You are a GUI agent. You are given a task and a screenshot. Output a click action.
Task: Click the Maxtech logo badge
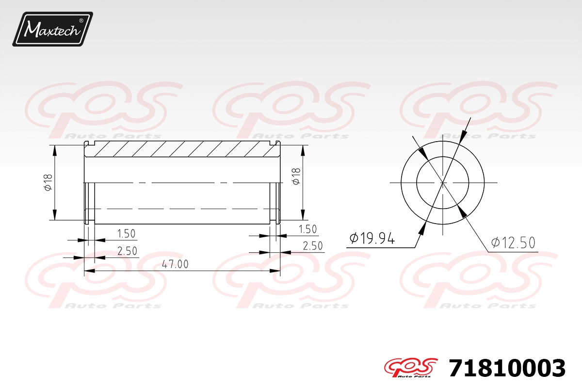pyautogui.click(x=52, y=29)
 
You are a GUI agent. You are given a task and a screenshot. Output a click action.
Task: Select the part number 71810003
pyautogui.click(x=507, y=368)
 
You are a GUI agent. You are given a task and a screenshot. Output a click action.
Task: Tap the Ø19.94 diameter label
pyautogui.click(x=372, y=238)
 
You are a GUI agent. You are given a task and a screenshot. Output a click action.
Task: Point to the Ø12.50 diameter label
pyautogui.click(x=513, y=242)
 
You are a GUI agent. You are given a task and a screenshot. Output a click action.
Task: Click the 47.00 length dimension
pyautogui.click(x=175, y=264)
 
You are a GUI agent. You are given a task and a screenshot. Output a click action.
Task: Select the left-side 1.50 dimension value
pyautogui.click(x=126, y=234)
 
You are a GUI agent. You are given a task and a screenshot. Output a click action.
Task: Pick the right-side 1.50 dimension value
pyautogui.click(x=308, y=229)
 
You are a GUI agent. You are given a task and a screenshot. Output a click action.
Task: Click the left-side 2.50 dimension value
pyautogui.click(x=127, y=251)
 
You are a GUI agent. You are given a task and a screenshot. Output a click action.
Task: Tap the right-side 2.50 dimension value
pyautogui.click(x=313, y=246)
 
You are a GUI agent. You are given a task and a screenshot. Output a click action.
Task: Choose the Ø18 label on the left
pyautogui.click(x=48, y=182)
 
